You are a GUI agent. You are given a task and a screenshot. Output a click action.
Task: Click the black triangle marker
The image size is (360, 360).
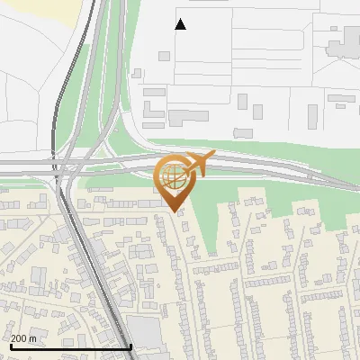point(181,24)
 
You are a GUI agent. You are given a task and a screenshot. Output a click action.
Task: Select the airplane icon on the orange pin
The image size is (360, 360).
point(198,163)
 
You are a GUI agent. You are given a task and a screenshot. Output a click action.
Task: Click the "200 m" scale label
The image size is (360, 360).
point(24,338)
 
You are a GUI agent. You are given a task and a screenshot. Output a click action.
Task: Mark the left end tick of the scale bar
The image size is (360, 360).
point(10,346)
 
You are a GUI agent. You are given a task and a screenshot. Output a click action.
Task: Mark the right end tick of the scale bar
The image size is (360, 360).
point(131,346)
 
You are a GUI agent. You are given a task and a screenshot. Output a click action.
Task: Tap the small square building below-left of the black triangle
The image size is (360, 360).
point(164,56)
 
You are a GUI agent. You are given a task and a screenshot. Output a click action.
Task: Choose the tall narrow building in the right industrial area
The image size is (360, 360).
point(313,116)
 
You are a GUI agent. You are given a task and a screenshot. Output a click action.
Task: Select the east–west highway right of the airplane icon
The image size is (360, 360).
point(270,168)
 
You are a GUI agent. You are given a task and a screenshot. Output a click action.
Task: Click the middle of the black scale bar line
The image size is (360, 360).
point(70,346)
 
